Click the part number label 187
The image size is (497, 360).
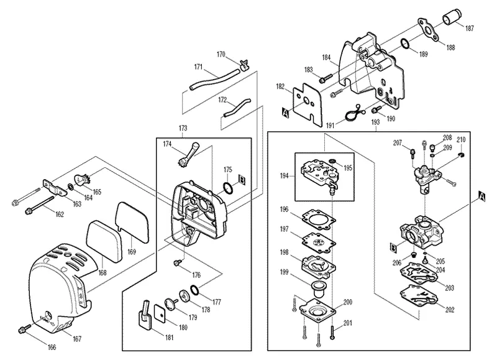click(469, 28)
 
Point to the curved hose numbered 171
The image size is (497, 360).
click(215, 80)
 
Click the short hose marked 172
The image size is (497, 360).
click(237, 108)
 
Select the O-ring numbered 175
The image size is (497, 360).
click(228, 188)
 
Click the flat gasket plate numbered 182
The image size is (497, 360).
click(308, 104)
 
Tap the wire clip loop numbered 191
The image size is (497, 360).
click(352, 113)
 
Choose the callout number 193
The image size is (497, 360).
click(375, 122)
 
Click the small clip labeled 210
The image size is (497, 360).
click(461, 154)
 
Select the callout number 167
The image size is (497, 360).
click(77, 339)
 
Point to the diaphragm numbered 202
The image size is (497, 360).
click(419, 296)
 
